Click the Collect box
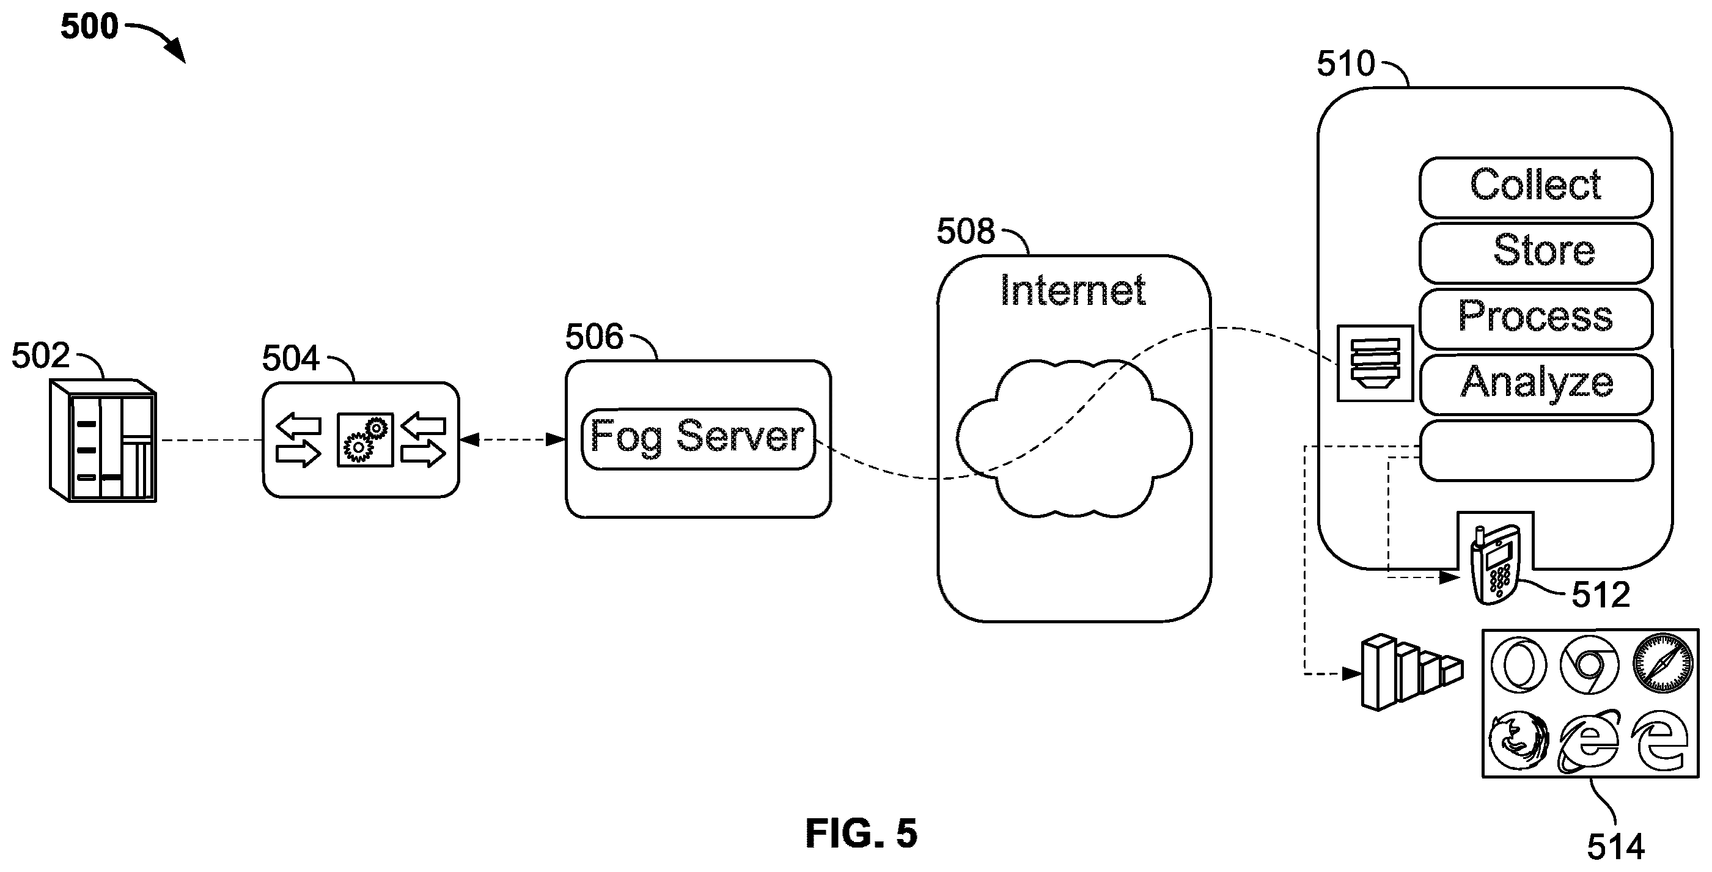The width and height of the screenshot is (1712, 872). pyautogui.click(x=1535, y=188)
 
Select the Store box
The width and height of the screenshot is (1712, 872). pyautogui.click(x=1535, y=253)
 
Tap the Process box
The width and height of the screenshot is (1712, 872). pyautogui.click(x=1535, y=319)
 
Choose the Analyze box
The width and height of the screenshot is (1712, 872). pyautogui.click(x=1535, y=385)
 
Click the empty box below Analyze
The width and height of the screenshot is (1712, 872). pyautogui.click(x=1535, y=450)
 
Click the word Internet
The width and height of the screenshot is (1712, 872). pyautogui.click(x=1073, y=290)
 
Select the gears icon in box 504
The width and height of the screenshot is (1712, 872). pyautogui.click(x=365, y=440)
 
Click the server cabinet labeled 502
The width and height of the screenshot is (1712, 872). pyautogui.click(x=103, y=440)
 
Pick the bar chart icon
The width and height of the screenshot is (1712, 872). pyautogui.click(x=1411, y=673)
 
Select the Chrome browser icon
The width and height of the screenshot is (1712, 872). pyautogui.click(x=1589, y=665)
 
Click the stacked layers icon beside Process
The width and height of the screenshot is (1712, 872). pyautogui.click(x=1375, y=364)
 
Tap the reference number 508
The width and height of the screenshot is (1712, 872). pyautogui.click(x=965, y=232)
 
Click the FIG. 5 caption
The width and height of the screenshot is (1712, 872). pyautogui.click(x=861, y=834)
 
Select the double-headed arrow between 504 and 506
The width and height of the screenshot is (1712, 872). pyautogui.click(x=512, y=439)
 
